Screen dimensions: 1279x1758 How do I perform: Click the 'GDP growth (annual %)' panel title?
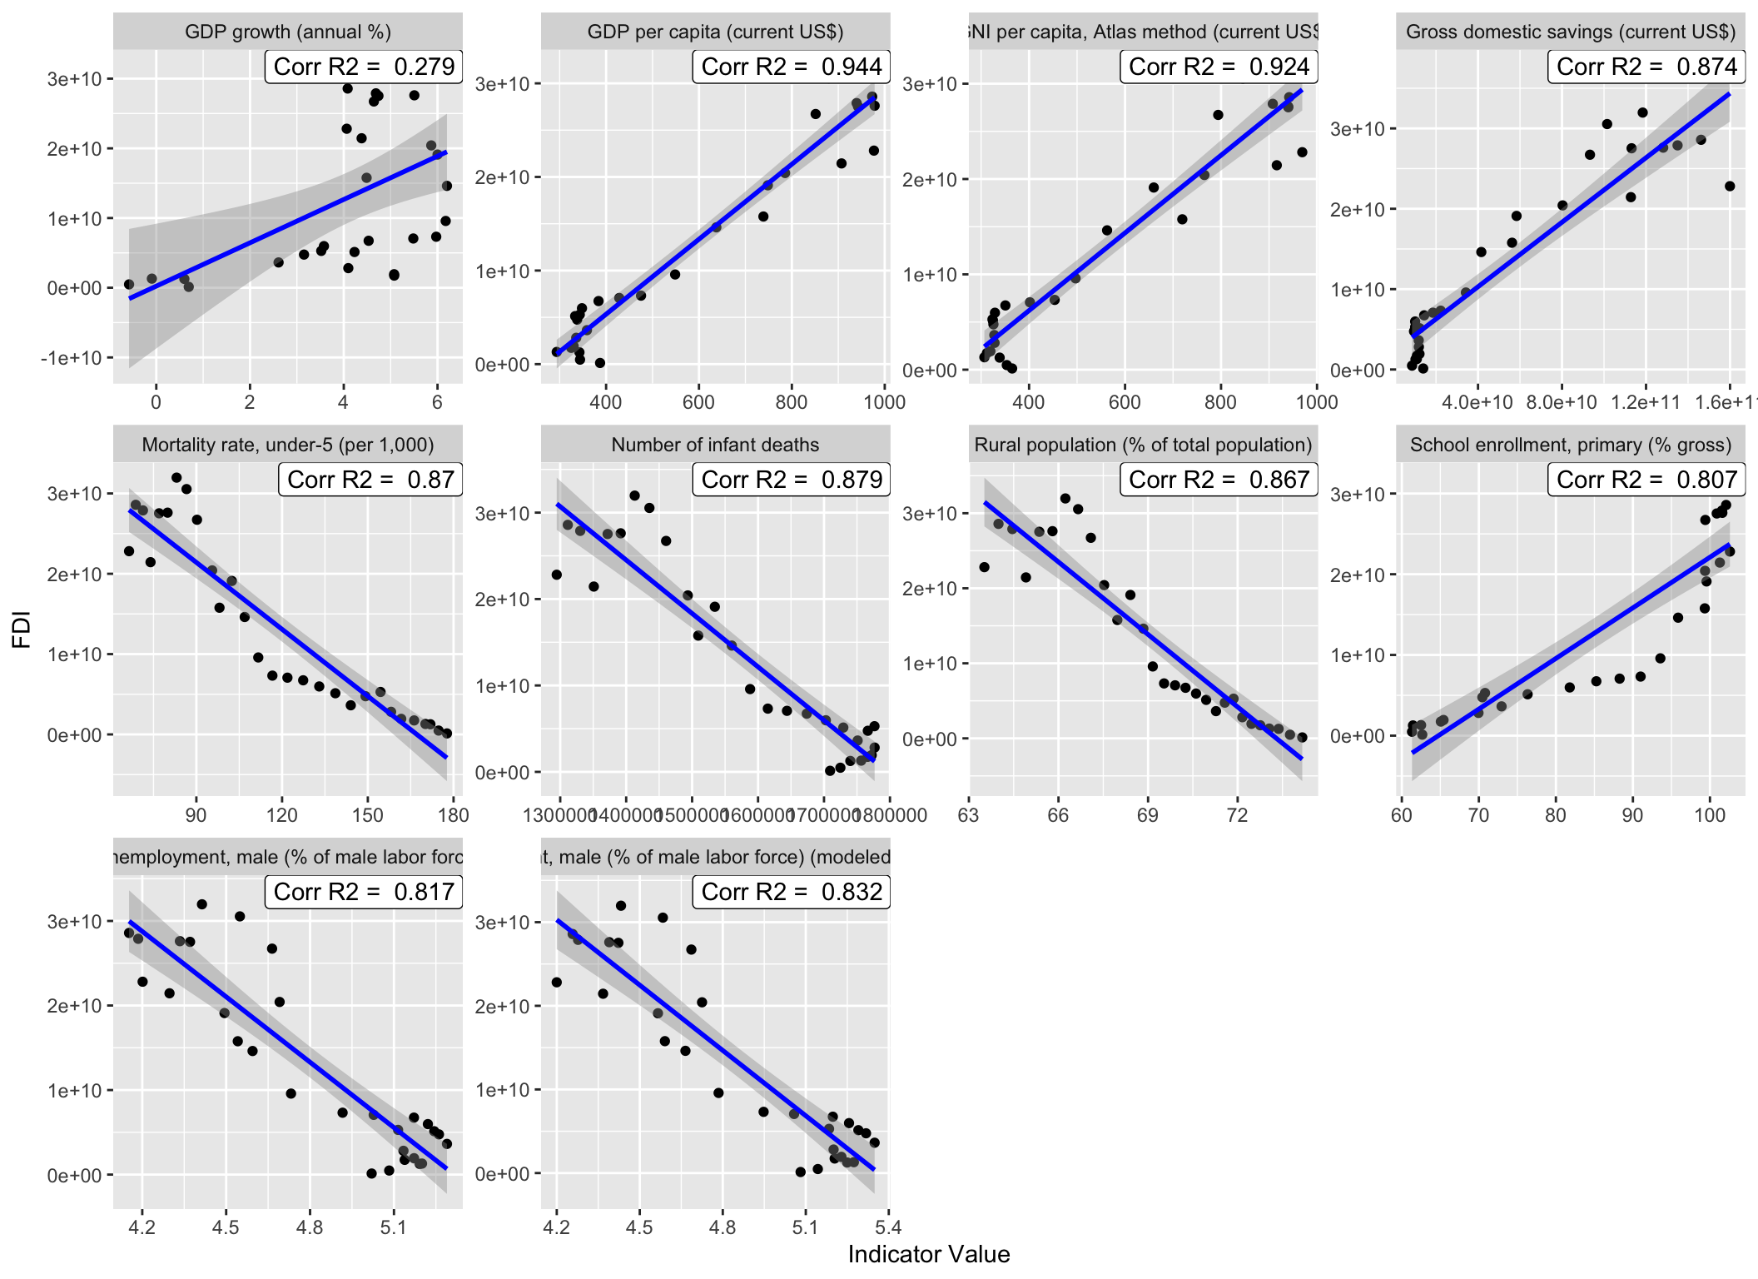287,32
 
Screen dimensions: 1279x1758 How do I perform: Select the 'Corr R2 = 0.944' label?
791,67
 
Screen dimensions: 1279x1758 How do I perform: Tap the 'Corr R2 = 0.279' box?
364,67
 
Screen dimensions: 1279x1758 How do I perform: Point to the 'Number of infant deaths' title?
715,445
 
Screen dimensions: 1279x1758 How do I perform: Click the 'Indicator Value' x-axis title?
929,1254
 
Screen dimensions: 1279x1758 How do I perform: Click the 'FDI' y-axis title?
22,630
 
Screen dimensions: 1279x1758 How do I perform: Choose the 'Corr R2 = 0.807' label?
1646,480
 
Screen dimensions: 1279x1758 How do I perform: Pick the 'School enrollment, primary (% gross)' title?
1571,445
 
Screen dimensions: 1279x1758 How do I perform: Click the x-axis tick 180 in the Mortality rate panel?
453,815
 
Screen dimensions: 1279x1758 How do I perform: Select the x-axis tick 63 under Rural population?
969,815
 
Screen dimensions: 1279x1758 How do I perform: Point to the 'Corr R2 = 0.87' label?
370,480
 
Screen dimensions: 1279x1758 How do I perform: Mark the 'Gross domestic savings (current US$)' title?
1571,32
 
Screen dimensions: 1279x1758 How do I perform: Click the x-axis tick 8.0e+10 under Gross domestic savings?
1562,403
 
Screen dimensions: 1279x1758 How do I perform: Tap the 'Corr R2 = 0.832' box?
791,892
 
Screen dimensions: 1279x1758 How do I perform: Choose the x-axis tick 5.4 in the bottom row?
888,1227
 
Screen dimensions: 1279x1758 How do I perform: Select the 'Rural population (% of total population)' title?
1143,445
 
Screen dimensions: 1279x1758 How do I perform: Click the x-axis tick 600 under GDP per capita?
698,402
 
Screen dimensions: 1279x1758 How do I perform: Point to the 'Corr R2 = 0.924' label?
1219,67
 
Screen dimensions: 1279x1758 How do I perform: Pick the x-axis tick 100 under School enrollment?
1710,815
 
